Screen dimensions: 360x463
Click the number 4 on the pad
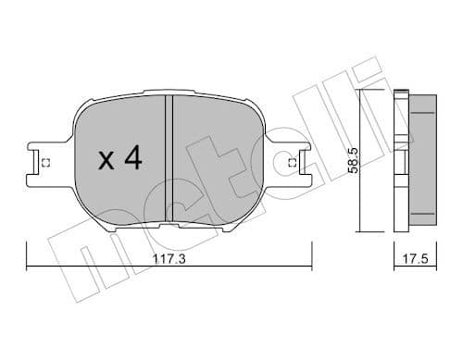click(x=131, y=159)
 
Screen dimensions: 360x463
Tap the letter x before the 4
click(x=106, y=161)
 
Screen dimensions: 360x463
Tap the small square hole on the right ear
click(x=293, y=164)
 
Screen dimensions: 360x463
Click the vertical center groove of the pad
click(x=169, y=157)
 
